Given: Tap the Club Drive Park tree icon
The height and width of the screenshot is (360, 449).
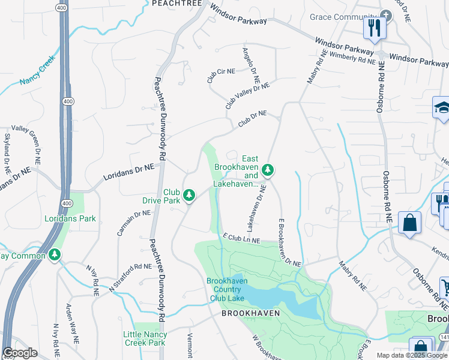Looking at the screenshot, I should (189, 195).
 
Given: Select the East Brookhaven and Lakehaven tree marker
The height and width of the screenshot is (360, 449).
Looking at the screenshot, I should (268, 171).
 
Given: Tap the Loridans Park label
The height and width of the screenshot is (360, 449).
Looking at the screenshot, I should (70, 219).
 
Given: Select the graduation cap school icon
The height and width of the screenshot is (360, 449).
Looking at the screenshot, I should (441, 109).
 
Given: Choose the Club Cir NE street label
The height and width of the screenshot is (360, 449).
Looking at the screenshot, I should (220, 75).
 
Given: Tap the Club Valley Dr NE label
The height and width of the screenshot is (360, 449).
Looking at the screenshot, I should (247, 95).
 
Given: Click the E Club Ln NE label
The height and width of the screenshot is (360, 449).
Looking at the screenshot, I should (241, 238).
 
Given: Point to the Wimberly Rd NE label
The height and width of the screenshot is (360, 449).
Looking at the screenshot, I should (351, 57).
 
